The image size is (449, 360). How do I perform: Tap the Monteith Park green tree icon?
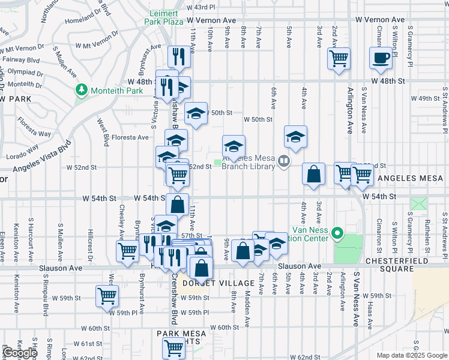(x=82, y=90)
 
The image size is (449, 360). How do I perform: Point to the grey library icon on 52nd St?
(x=284, y=161)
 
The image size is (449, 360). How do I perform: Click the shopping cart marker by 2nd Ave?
(x=339, y=59)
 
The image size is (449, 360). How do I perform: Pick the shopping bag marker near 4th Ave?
(x=313, y=174)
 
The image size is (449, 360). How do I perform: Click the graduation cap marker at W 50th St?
(x=196, y=112)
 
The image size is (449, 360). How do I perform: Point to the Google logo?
(x=20, y=353)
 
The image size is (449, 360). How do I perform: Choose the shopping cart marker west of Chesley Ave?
(x=127, y=250)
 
